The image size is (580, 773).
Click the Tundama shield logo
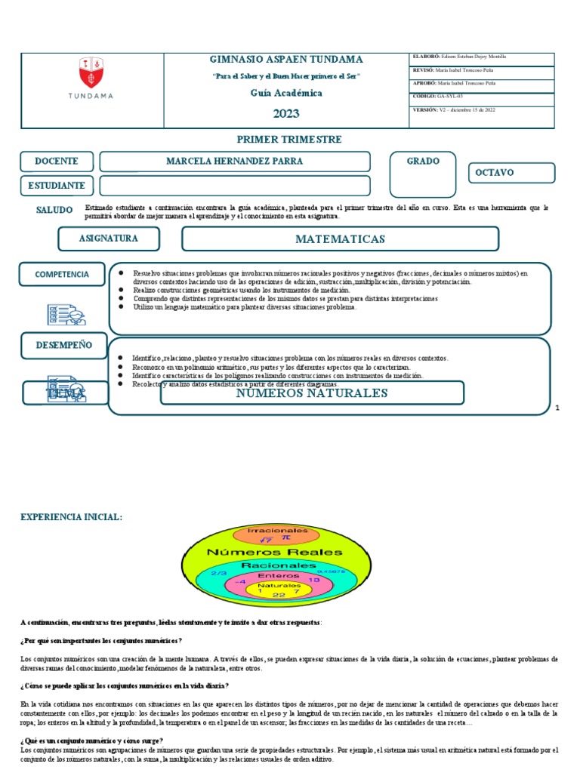[91, 73]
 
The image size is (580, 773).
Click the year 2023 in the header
[286, 113]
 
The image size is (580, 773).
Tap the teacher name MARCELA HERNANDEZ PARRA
[235, 162]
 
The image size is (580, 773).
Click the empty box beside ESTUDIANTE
[235, 186]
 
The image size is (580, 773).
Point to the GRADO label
[423, 162]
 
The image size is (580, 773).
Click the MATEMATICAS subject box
[340, 239]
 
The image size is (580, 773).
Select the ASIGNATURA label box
[109, 239]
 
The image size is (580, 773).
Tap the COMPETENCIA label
[61, 274]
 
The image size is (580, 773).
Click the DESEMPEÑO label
[64, 345]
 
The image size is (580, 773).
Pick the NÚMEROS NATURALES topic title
[312, 393]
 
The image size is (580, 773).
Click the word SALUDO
[54, 210]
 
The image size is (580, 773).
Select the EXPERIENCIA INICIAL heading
[70, 516]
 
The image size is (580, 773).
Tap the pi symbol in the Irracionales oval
[285, 539]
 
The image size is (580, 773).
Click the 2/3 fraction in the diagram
[220, 574]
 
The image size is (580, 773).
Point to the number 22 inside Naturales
[279, 595]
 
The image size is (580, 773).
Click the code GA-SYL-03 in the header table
[450, 97]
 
